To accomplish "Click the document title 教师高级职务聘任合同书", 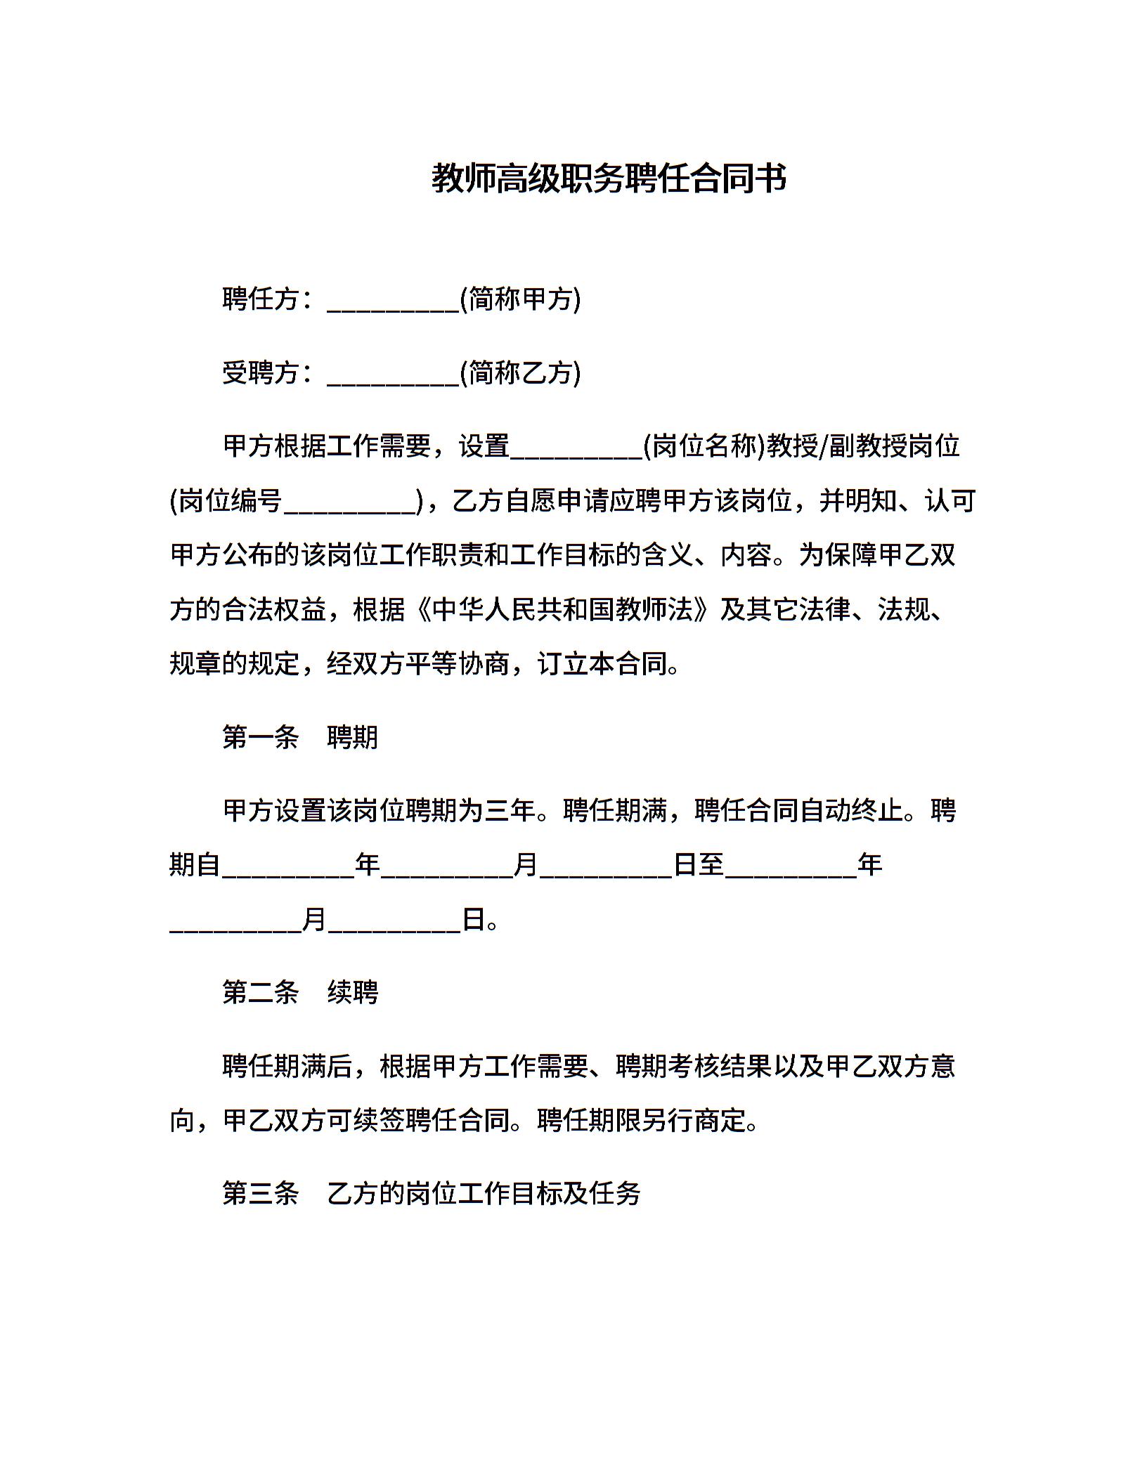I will pyautogui.click(x=609, y=178).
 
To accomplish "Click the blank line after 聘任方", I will pyautogui.click(x=393, y=302).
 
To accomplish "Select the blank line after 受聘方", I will pyautogui.click(x=393, y=375).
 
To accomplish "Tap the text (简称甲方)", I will pyautogui.click(x=520, y=299).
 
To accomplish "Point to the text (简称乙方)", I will pyautogui.click(x=520, y=372).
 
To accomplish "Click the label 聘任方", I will pyautogui.click(x=261, y=299).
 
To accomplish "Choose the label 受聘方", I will pyautogui.click(x=261, y=372).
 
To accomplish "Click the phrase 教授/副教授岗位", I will pyautogui.click(x=864, y=446).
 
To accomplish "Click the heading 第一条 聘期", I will pyautogui.click(x=300, y=737).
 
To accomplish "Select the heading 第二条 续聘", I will pyautogui.click(x=300, y=992).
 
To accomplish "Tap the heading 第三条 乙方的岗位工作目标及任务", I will pyautogui.click(x=431, y=1193).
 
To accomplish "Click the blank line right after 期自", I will pyautogui.click(x=288, y=868).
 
